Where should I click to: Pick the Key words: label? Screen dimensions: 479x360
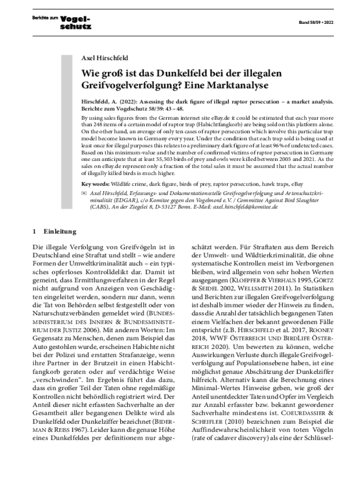click(97, 184)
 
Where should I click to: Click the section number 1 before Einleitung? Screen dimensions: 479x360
click(35, 232)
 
